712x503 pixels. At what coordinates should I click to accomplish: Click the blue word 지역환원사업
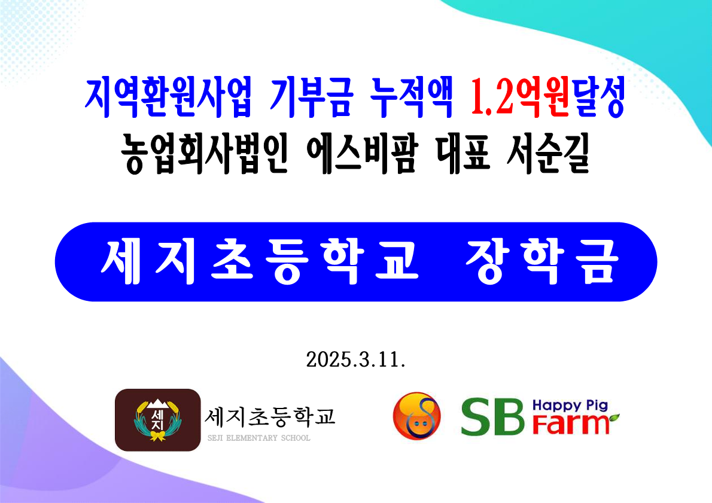pyautogui.click(x=168, y=98)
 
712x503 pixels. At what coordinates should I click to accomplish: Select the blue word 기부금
pyautogui.click(x=312, y=98)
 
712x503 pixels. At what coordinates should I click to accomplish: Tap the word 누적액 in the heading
pyautogui.click(x=412, y=98)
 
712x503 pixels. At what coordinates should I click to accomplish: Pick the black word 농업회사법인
pyautogui.click(x=205, y=154)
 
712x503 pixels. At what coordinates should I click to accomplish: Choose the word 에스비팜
pyautogui.click(x=361, y=154)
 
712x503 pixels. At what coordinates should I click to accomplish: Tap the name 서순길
pyautogui.click(x=548, y=154)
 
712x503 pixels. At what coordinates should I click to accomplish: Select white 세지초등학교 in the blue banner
pyautogui.click(x=260, y=262)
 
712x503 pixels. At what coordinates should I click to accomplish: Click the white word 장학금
pyautogui.click(x=543, y=262)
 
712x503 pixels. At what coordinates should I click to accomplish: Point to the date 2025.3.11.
pyautogui.click(x=355, y=359)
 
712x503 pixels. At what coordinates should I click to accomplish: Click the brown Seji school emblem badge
pyautogui.click(x=157, y=420)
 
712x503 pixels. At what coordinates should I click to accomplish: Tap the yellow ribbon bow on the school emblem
pyautogui.click(x=157, y=436)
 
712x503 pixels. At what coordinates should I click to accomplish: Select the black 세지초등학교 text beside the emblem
pyautogui.click(x=270, y=417)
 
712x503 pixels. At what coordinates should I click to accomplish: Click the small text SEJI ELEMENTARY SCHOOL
pyautogui.click(x=259, y=438)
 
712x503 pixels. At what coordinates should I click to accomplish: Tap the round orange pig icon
pyautogui.click(x=417, y=416)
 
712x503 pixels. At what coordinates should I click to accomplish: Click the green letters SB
pyautogui.click(x=493, y=417)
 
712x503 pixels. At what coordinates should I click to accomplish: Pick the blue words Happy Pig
pyautogui.click(x=570, y=406)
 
